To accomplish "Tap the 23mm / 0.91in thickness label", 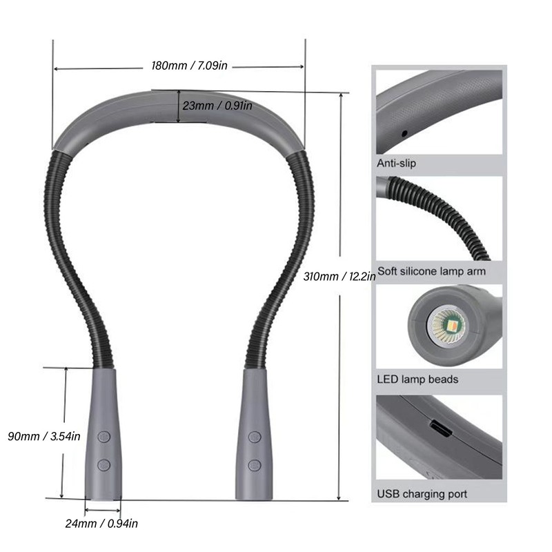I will coord(217,106).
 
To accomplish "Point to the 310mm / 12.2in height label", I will coord(339,277).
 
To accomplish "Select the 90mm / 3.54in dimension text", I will coord(44,436).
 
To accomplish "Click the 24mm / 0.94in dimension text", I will coord(102,523).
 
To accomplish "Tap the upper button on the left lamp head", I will coord(103,437).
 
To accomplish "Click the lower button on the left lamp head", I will coord(103,464).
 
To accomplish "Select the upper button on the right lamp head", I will coord(255,437).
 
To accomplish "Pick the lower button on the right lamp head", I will coord(255,464).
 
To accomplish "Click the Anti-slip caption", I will coord(396,164).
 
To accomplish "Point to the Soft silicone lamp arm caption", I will coord(431,271).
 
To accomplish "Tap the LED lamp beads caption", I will coord(417,379).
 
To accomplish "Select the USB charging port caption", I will coord(422,493).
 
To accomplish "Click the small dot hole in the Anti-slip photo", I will coord(404,132).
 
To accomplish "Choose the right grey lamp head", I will coord(255,435).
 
